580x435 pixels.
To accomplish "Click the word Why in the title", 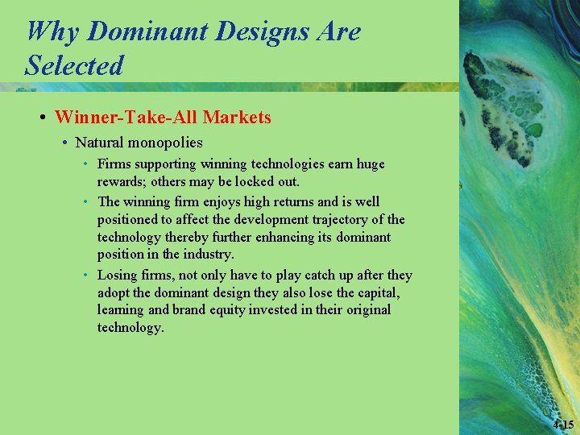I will tap(52, 31).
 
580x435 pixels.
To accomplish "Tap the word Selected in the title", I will tap(74, 64).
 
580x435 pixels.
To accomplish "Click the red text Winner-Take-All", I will tap(126, 118).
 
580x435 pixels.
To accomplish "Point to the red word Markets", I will tap(237, 118).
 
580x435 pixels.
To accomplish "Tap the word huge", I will tap(370, 164).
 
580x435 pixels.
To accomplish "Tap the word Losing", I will tap(118, 275).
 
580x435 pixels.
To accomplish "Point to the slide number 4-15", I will tap(564, 425).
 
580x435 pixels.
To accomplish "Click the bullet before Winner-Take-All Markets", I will tap(42, 118).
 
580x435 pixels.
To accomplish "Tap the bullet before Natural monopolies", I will tap(64, 143).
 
